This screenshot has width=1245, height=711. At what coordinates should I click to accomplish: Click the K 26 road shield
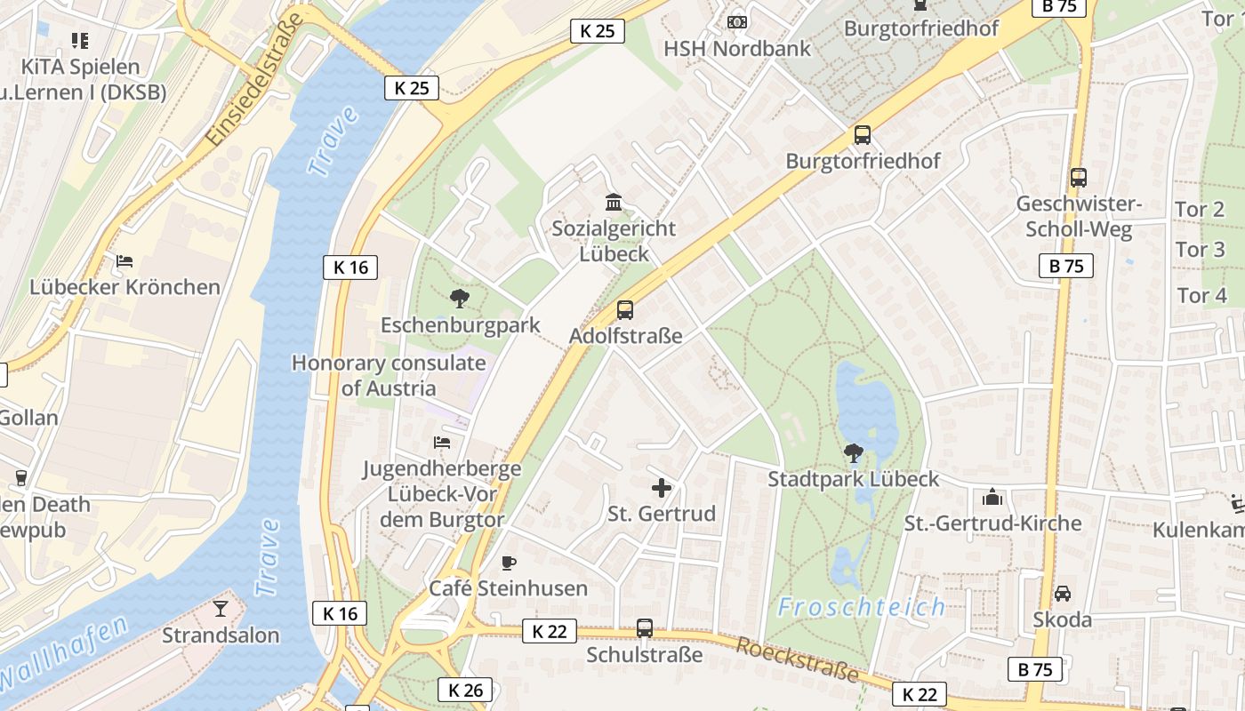point(464,689)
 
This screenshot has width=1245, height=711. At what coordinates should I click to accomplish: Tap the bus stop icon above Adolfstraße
point(625,310)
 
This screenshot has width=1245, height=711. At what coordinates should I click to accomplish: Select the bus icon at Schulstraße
point(645,628)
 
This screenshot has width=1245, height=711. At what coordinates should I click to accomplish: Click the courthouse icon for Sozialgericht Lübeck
point(614,202)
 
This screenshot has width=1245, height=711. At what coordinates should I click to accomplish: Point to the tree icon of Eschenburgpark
point(460,298)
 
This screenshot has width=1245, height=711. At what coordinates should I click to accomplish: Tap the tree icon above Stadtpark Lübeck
point(853,453)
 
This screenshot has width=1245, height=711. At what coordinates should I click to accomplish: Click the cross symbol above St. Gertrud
point(662,488)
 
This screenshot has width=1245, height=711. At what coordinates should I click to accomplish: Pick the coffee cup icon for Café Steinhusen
point(508,563)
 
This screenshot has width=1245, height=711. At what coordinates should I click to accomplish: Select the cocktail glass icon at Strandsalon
point(221,609)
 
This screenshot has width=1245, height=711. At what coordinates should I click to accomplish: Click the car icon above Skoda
point(1062,593)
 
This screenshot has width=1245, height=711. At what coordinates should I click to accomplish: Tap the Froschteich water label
point(861,607)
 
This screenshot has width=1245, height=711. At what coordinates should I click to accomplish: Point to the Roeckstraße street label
point(798,659)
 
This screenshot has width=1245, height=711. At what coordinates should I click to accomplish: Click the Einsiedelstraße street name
point(253,83)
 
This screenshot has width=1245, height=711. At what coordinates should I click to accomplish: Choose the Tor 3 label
point(1201,250)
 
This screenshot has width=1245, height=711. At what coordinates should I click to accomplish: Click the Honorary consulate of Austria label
point(389,375)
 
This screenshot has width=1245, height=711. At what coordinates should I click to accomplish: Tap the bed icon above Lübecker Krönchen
point(124,261)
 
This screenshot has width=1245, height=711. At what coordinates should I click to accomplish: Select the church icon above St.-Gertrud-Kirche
point(992,497)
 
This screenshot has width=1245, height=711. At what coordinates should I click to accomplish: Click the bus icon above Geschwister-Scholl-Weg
point(1079,178)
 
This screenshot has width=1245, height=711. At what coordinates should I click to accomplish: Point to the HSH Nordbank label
point(737,48)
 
